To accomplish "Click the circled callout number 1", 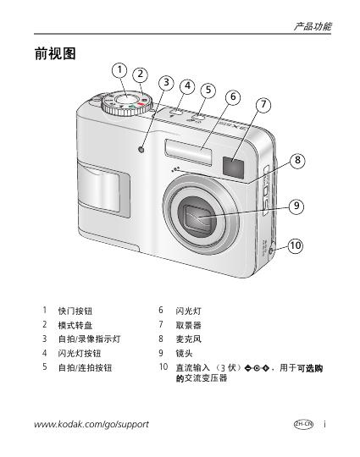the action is [x=119, y=70].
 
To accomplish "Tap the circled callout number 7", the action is [x=263, y=104].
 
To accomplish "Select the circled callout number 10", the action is [x=296, y=245].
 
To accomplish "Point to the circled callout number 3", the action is [x=166, y=82].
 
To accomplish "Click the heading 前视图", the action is [x=55, y=53].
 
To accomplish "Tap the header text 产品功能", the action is [x=313, y=26].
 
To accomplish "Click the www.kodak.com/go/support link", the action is [x=91, y=424].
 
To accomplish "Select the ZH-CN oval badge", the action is [x=303, y=424].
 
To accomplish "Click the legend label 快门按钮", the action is [x=75, y=311].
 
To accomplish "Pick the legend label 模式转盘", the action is [x=75, y=325].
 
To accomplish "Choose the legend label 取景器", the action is [x=188, y=325].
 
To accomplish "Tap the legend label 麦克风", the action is [x=188, y=339].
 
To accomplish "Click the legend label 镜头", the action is [x=184, y=353].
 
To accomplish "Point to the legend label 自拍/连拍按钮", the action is [x=86, y=367].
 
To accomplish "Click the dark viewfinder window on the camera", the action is [x=233, y=168].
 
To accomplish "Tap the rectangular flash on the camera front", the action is [x=188, y=152].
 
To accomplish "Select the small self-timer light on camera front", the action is [x=141, y=150].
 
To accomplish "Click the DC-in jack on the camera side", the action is [x=271, y=251].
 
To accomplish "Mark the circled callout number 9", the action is [x=296, y=206].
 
